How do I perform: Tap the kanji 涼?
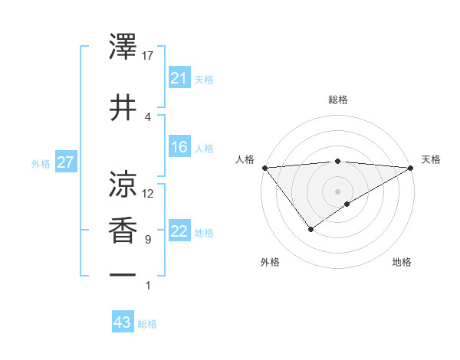pos(123,185)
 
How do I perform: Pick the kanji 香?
pos(123,231)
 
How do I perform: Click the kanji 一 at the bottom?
pos(123,275)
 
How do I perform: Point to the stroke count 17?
pos(148,56)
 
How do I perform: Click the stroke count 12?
pos(148,194)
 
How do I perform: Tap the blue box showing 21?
pos(179,78)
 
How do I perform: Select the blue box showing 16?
pos(179,147)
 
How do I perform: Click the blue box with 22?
pos(179,231)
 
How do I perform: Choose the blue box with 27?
pos(65,162)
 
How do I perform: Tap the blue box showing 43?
pos(122,322)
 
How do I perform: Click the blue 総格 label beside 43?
pos(147,324)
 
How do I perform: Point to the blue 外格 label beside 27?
pos(41,163)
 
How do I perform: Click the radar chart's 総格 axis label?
pos(337,100)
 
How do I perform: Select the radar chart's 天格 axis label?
pos(431,159)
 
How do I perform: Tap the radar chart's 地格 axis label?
pos(402,262)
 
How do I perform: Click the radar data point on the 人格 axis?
pos(264,168)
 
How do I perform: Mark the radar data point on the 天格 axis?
pos(410,168)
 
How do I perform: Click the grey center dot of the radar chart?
pos(337,191)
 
